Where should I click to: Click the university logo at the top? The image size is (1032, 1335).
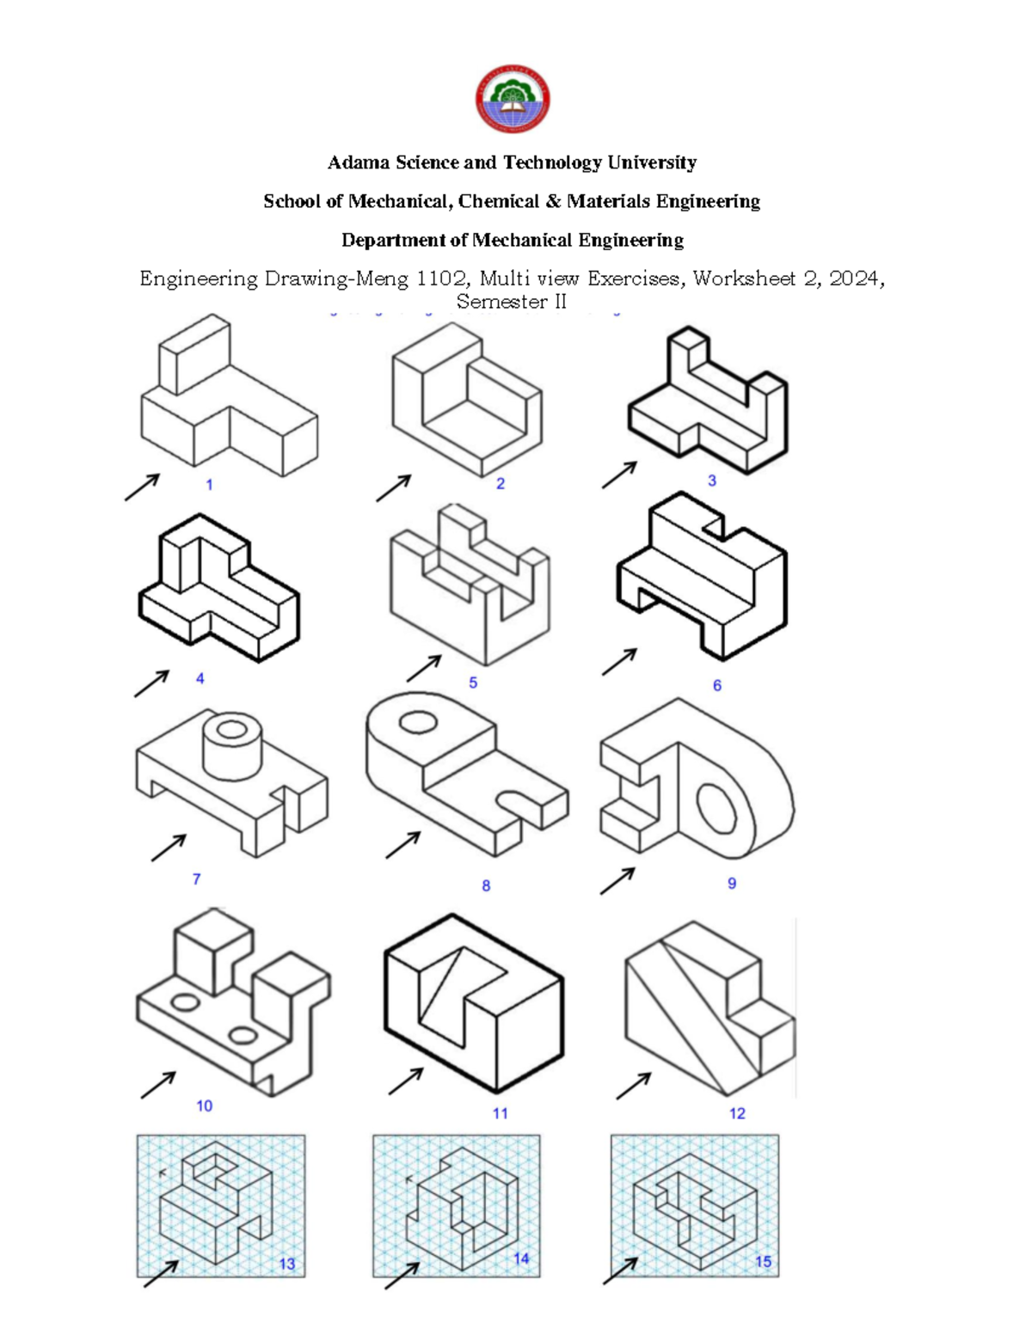(513, 99)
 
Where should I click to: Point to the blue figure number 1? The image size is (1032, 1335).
(209, 485)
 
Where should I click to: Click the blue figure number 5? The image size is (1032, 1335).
(473, 683)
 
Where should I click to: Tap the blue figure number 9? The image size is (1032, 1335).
(732, 883)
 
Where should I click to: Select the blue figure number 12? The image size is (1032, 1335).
(737, 1113)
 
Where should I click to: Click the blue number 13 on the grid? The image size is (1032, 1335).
(286, 1264)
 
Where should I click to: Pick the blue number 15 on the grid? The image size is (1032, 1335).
(763, 1262)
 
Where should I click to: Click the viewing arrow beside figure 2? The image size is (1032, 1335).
(394, 487)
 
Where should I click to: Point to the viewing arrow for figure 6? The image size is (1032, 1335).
(619, 662)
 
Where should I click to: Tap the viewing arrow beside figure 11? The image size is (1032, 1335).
(406, 1081)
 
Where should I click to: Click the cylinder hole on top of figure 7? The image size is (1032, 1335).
(230, 730)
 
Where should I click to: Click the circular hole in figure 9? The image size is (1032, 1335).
(716, 808)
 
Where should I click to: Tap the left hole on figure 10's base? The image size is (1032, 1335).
(184, 1002)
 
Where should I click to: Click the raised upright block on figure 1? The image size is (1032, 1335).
(194, 354)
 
